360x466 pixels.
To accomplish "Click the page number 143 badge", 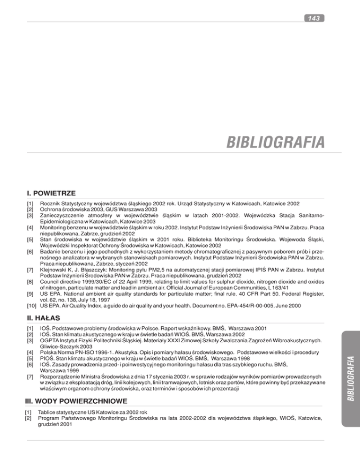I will [x=312, y=18].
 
